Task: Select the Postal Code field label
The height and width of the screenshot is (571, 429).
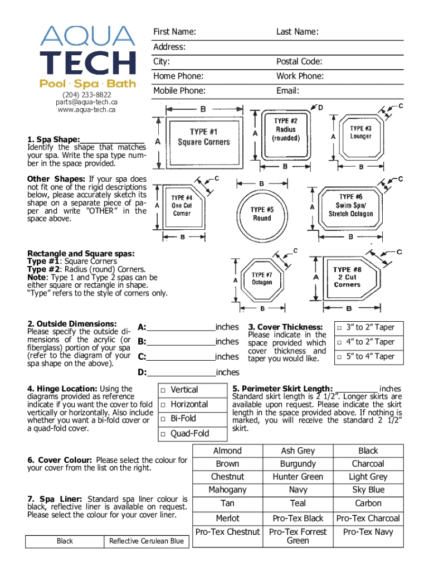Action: (299, 61)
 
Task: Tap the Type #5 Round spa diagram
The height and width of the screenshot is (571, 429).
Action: (261, 209)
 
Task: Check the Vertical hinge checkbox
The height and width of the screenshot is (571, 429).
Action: (163, 390)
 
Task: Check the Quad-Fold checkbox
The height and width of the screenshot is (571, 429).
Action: (163, 434)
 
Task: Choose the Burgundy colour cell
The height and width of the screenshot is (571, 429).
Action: (298, 463)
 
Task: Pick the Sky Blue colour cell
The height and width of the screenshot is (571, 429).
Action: (368, 490)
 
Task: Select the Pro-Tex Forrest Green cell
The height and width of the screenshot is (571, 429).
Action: (298, 536)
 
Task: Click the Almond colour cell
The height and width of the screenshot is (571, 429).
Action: (227, 451)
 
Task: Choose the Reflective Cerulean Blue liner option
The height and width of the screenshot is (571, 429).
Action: (146, 541)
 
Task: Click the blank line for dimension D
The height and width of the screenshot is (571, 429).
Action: (181, 372)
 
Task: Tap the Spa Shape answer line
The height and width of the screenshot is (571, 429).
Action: (113, 139)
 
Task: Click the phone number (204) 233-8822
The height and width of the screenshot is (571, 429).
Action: (86, 94)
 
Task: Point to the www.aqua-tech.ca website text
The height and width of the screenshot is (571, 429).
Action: (86, 109)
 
